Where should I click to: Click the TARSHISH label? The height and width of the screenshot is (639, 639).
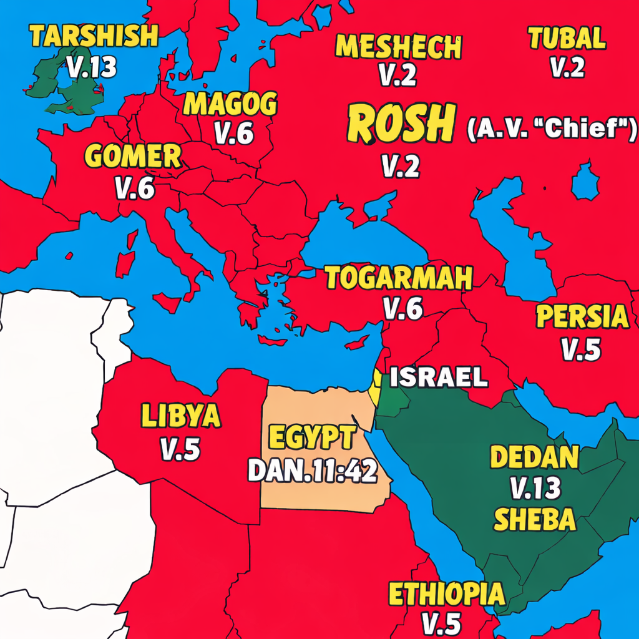coord(94,36)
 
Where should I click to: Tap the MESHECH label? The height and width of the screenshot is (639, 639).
coord(399,46)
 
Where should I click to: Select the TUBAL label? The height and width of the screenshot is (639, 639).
coord(567,39)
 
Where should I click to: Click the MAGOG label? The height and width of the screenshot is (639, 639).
coord(230,104)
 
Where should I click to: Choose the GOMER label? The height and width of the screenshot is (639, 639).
coord(133,157)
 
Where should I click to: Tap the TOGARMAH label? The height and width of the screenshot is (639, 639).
coord(399,278)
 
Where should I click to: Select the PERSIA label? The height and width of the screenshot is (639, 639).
coord(582,317)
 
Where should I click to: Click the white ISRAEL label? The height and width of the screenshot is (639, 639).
coord(439,377)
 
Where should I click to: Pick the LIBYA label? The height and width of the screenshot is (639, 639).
coord(181,416)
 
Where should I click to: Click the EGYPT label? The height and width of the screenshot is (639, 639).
coord(311,438)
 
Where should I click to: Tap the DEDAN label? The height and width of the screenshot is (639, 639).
coord(534,457)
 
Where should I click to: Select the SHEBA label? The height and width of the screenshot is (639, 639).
coord(534,518)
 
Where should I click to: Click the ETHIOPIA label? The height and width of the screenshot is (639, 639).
coord(446,593)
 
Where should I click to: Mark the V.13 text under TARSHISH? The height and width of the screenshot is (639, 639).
coord(92,67)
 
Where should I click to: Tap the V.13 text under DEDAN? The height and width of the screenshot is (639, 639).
coord(535,489)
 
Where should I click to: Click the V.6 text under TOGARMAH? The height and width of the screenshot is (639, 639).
coord(403,308)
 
